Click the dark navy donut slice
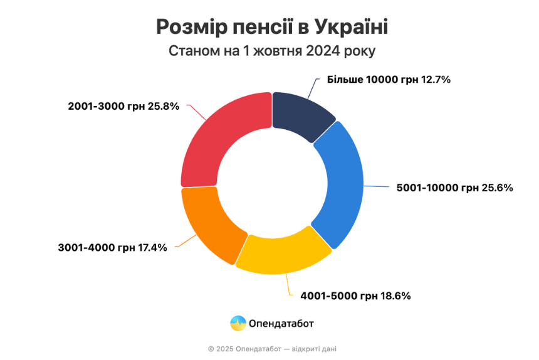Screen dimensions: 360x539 (x=300, y=113)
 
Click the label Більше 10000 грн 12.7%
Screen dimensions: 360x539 (x=389, y=80)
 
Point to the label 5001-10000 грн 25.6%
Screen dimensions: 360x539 (x=455, y=188)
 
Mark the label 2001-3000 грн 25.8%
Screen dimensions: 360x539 (x=123, y=106)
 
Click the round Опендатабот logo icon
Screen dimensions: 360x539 (x=238, y=323)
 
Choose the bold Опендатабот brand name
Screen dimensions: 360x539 (x=281, y=324)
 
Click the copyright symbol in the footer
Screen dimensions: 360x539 (x=211, y=349)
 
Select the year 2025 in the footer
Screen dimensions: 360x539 (x=224, y=349)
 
